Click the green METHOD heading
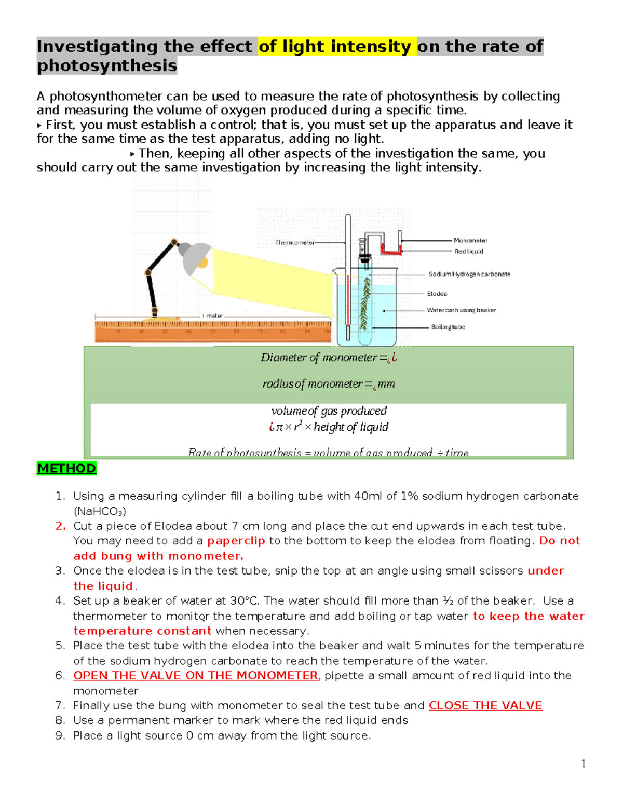pos(66,469)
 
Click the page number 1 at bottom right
pos(583,763)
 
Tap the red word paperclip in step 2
pos(236,541)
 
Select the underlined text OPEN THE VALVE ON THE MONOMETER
pos(195,675)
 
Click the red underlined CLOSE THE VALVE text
pos(485,705)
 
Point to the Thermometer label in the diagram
pos(294,242)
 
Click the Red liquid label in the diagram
pos(469,251)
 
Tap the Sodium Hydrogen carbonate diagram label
pos(469,274)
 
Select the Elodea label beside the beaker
pos(437,294)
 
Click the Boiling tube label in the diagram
pos(448,327)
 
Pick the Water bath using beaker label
pos(461,310)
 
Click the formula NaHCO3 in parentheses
pos(100,511)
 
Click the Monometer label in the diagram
pos(470,241)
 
